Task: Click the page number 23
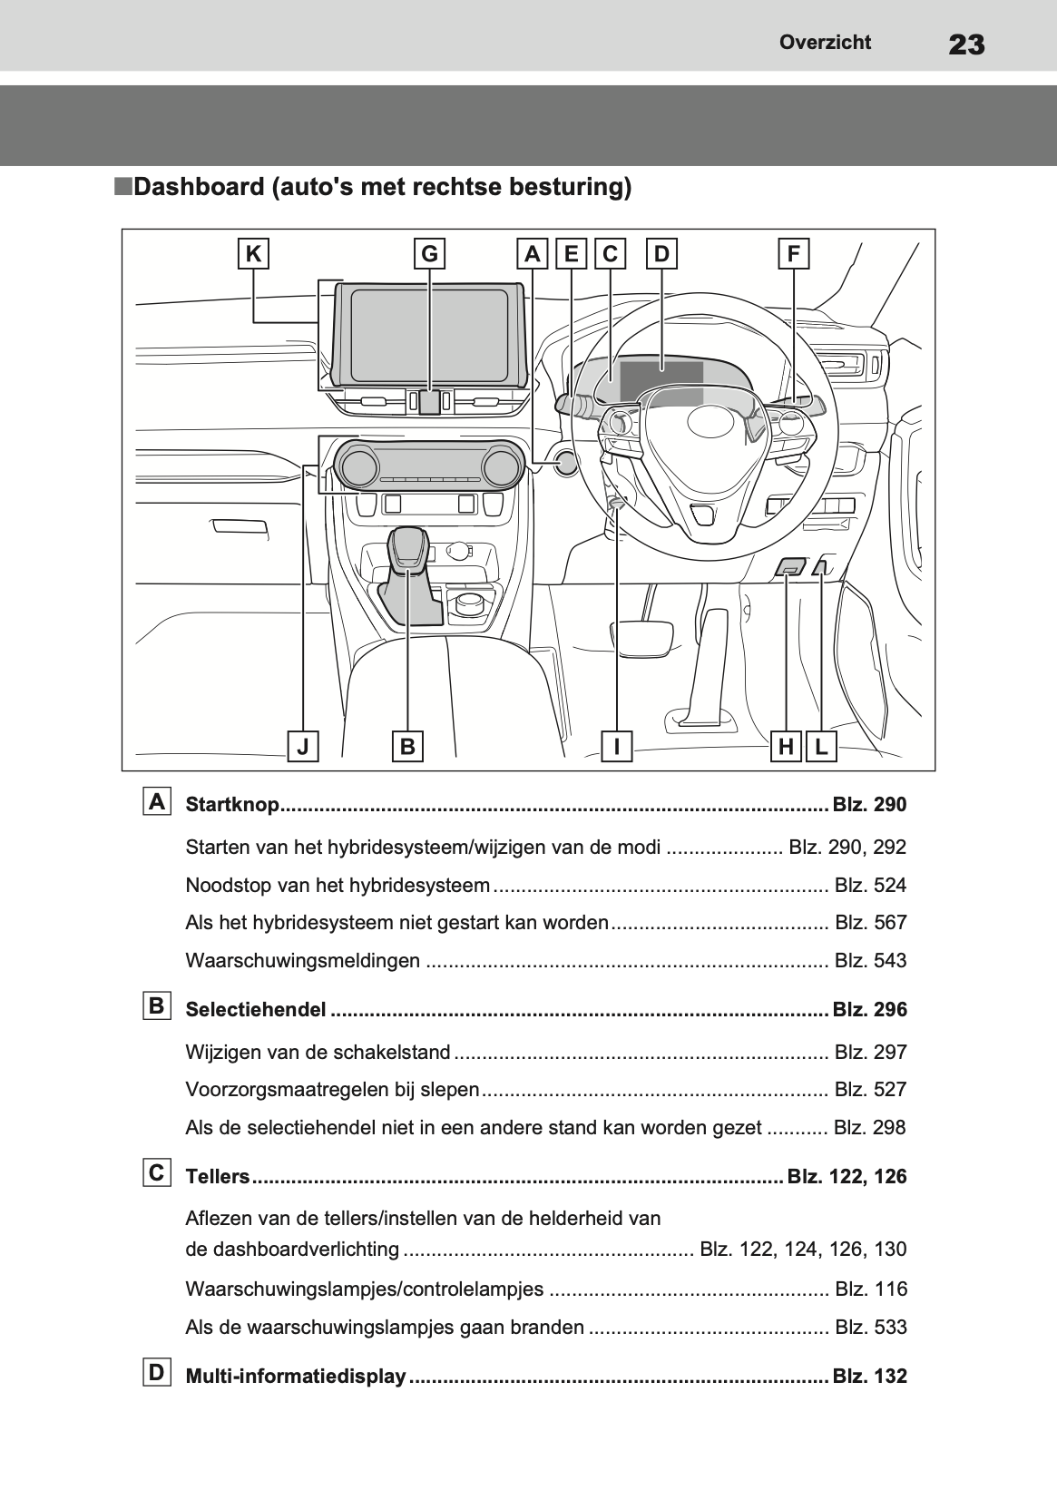[965, 44]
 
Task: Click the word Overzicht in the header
[825, 42]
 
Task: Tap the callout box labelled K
[253, 254]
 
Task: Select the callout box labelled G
[429, 254]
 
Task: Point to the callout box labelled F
[793, 254]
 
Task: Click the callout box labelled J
[303, 747]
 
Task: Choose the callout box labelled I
[617, 747]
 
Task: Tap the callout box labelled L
[821, 747]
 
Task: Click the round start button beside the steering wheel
[566, 464]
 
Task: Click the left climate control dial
[357, 466]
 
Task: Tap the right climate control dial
[502, 466]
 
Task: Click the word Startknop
[232, 805]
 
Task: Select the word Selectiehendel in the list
[255, 1010]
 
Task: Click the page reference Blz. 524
[870, 886]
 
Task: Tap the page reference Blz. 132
[869, 1377]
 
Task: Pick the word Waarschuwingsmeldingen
[302, 961]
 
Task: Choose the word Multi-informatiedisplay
[295, 1377]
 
